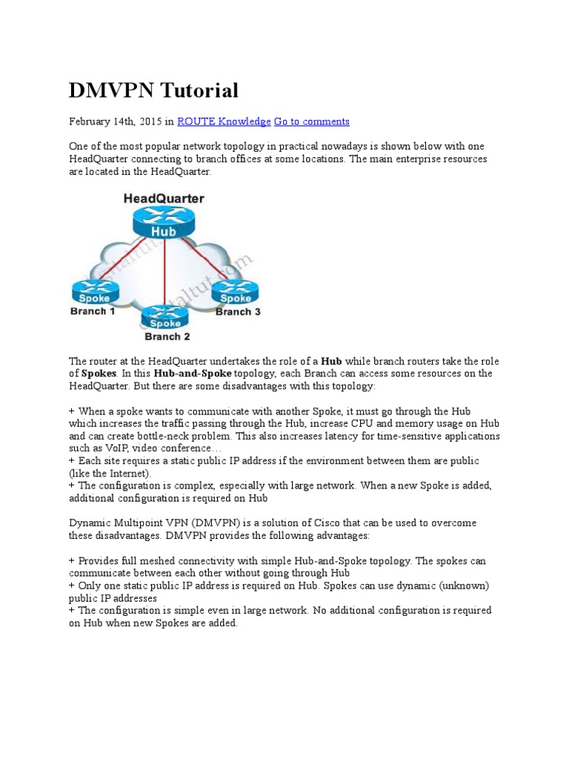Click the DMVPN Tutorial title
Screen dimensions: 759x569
(153, 90)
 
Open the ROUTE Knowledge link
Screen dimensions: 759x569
(224, 122)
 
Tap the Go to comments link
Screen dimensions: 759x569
(311, 122)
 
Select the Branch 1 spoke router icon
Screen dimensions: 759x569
(94, 292)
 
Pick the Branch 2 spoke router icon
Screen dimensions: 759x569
(164, 317)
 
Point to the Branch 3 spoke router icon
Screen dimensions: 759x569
(236, 292)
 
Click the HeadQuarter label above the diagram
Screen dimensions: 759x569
(164, 199)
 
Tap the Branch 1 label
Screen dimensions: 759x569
(93, 311)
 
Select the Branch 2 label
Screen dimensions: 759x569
(167, 337)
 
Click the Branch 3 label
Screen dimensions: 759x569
(238, 312)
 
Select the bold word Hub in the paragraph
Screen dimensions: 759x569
(331, 361)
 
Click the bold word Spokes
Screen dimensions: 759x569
(99, 374)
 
